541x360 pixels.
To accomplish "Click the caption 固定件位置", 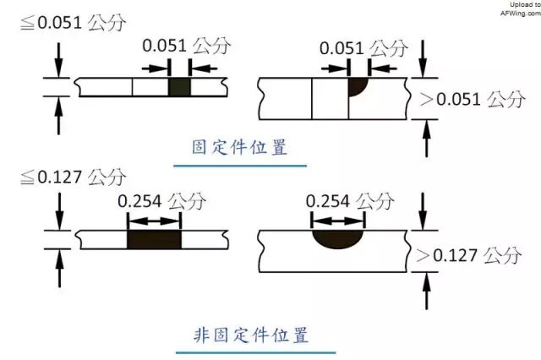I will tap(240, 147).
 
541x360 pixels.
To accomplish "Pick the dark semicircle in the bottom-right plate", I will tap(337, 239).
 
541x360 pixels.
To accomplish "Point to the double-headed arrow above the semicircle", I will tap(337, 222).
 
